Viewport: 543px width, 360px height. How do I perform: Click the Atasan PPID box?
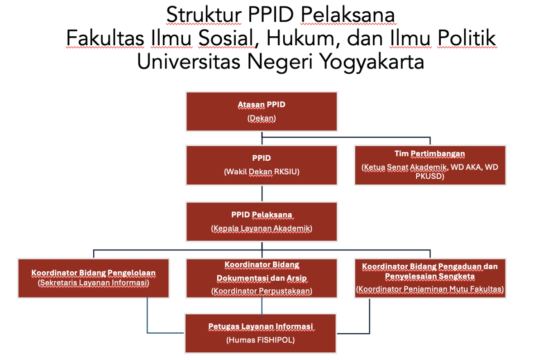262,111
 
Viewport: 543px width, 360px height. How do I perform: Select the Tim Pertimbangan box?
430,165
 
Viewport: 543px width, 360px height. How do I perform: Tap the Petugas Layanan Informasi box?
261,333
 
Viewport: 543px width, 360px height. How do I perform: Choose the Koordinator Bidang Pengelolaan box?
94,278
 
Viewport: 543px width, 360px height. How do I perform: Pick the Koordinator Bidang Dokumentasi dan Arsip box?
262,278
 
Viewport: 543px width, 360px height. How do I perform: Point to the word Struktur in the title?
204,15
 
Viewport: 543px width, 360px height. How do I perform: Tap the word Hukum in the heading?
300,38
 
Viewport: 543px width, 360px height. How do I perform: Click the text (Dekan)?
262,118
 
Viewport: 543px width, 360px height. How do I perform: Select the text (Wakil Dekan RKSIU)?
262,172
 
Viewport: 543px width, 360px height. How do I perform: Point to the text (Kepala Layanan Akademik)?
262,229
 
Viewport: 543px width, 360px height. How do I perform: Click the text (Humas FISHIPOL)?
261,340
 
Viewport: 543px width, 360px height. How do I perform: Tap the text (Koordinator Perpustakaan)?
262,291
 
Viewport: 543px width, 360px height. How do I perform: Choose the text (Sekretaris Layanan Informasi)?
94,283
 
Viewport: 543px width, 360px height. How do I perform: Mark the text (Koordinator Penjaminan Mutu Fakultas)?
430,289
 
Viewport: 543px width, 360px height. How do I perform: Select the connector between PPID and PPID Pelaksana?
262,194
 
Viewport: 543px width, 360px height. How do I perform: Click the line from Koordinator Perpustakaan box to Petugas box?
262,306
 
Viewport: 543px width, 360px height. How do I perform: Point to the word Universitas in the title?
189,62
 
